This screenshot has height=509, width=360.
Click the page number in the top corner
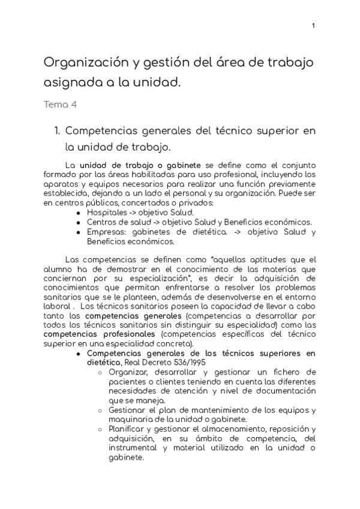313,26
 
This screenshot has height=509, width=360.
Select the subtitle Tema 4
60,104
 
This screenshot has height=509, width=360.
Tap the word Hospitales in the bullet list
106,212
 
